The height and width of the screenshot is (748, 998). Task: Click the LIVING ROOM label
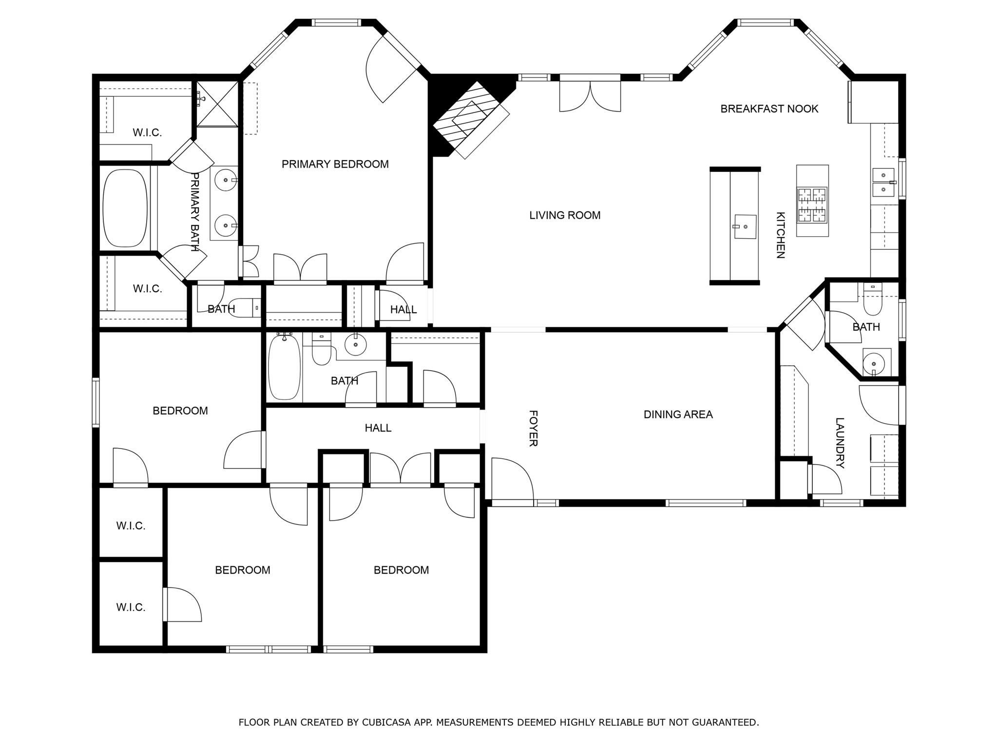pyautogui.click(x=565, y=215)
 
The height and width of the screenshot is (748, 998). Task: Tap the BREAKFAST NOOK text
pyautogui.click(x=769, y=109)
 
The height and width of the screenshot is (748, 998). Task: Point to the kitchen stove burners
pyautogui.click(x=812, y=205)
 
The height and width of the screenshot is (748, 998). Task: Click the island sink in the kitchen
pyautogui.click(x=745, y=227)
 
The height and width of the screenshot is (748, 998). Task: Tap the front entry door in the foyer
pyautogui.click(x=512, y=480)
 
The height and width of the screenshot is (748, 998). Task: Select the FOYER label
pyautogui.click(x=533, y=428)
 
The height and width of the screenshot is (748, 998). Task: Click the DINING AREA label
pyautogui.click(x=678, y=414)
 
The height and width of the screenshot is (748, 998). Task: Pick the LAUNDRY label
pyautogui.click(x=840, y=443)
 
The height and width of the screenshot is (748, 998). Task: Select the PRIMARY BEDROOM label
pyautogui.click(x=335, y=164)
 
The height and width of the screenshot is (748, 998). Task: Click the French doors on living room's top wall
pyautogui.click(x=590, y=95)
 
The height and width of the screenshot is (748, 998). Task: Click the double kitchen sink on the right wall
pyautogui.click(x=883, y=182)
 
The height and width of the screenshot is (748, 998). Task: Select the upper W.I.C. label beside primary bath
pyautogui.click(x=147, y=132)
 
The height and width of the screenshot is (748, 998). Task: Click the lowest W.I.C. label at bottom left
pyautogui.click(x=131, y=607)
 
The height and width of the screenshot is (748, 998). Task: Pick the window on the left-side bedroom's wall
pyautogui.click(x=96, y=402)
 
